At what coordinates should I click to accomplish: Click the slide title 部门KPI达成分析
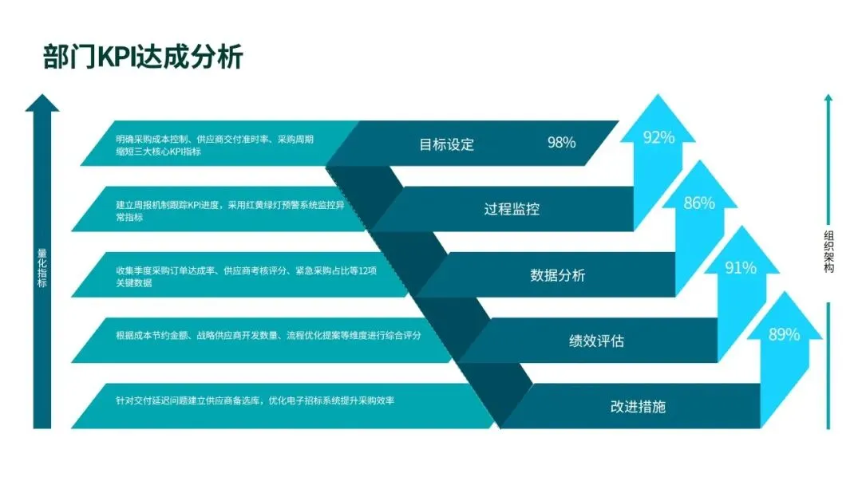(143, 57)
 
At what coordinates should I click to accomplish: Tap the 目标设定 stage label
(447, 144)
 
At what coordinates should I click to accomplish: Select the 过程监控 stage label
(512, 210)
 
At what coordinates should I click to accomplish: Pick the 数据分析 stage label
(558, 276)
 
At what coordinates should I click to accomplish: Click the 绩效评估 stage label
(596, 341)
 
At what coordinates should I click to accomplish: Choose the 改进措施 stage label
(638, 407)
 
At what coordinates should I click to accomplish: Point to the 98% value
(561, 143)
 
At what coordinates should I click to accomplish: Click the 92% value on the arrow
(658, 137)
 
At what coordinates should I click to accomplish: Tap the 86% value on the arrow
(699, 203)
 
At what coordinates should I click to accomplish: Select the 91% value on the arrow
(741, 268)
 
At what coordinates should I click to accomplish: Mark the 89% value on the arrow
(784, 335)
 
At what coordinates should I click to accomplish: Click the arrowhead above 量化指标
(43, 103)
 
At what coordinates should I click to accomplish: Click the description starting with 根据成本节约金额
(268, 336)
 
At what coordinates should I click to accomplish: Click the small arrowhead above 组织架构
(828, 98)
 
